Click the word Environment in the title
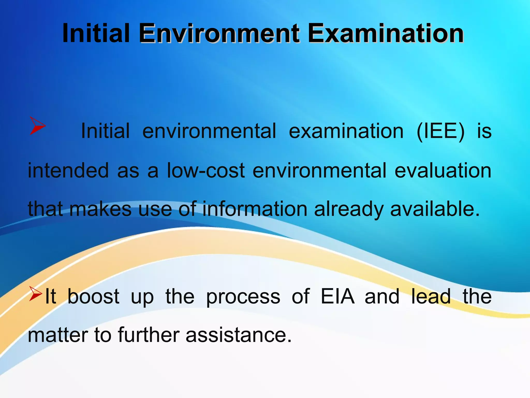click(219, 34)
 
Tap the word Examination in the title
click(386, 34)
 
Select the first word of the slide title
click(96, 34)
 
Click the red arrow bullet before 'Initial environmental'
click(37, 126)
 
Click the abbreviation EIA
click(337, 296)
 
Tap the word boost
click(93, 296)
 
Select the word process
click(243, 297)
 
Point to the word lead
click(431, 296)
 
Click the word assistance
click(239, 335)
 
